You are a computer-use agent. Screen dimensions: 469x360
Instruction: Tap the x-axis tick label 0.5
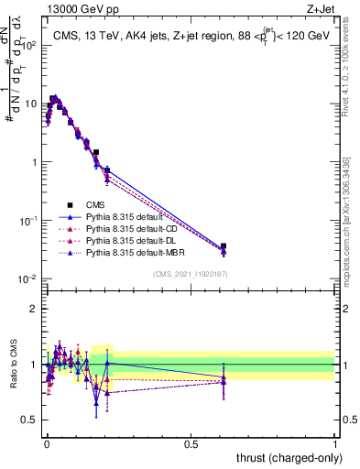[191, 442]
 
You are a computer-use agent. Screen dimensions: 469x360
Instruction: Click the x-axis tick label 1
[335, 442]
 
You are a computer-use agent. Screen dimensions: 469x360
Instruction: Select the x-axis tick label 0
[47, 442]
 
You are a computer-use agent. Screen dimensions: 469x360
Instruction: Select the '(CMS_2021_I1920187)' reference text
[191, 273]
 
